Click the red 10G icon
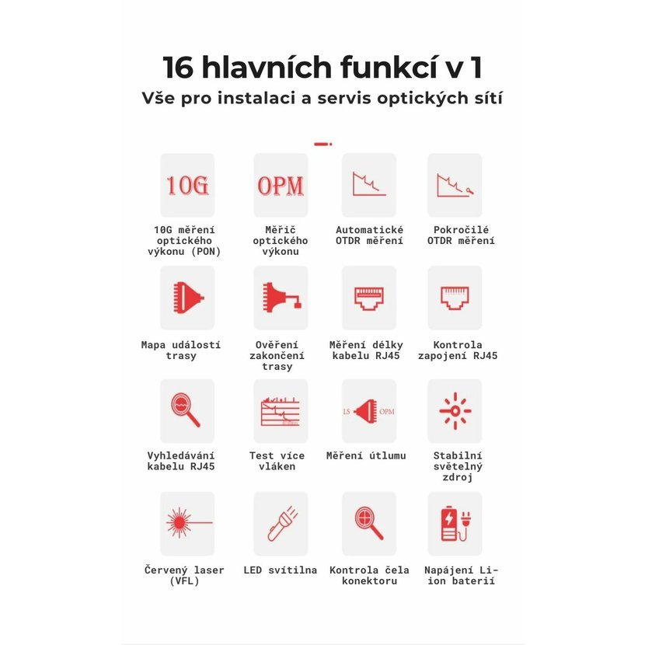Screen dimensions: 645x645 click(187, 185)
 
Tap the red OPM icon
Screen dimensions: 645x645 click(281, 186)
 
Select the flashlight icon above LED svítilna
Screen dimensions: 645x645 click(282, 523)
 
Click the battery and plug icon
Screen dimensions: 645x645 click(455, 523)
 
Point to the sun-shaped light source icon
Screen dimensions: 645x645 click(455, 411)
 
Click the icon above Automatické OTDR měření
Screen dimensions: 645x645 click(369, 184)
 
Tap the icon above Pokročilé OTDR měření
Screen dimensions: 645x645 click(455, 185)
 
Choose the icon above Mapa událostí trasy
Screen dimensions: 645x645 click(188, 298)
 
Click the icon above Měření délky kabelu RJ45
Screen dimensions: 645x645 click(369, 298)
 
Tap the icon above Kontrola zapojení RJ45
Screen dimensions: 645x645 click(455, 298)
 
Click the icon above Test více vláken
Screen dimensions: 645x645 click(281, 411)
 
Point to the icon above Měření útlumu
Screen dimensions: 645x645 click(368, 411)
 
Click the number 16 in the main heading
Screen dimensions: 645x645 click(178, 68)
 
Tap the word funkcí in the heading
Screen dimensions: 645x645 click(389, 67)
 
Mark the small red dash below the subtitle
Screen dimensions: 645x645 click(323, 144)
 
